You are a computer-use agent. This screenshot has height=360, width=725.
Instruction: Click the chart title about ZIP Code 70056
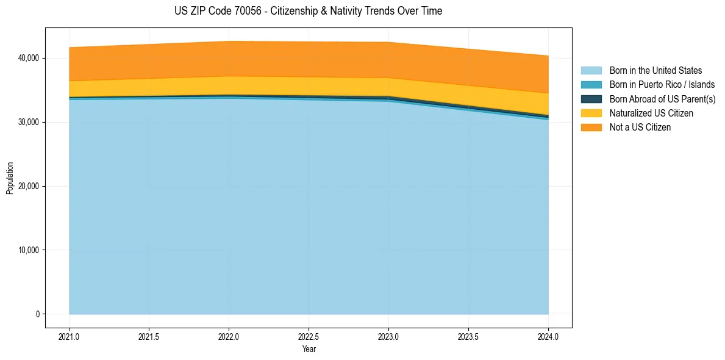coord(308,11)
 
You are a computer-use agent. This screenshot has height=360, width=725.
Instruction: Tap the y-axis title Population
coord(10,178)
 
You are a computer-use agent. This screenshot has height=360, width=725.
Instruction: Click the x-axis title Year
coord(309,349)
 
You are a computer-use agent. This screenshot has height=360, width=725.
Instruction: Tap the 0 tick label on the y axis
coord(37,314)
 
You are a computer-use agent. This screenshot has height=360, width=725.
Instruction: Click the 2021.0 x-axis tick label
coord(69,336)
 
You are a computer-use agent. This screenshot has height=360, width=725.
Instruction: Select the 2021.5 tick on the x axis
coord(149,336)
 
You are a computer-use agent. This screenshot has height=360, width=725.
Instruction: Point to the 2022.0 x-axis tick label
coord(229,336)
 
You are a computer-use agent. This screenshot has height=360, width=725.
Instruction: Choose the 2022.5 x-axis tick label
coord(309,336)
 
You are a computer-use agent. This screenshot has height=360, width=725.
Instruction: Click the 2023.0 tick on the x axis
coord(388,336)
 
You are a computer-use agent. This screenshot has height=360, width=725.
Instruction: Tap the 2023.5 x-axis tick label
coord(468,336)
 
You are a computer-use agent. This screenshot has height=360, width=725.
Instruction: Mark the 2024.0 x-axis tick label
coord(548,336)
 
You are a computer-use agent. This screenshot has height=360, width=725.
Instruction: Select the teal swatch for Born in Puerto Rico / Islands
coord(591,85)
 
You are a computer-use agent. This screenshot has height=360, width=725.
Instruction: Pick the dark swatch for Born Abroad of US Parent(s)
coord(591,99)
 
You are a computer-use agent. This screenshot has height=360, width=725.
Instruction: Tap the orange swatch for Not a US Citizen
coord(591,128)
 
